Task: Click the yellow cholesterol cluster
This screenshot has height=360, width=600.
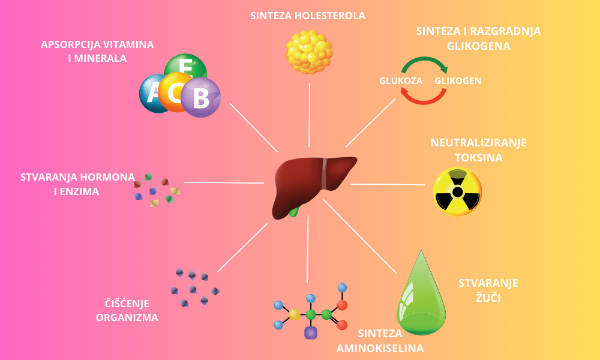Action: pos(309,52)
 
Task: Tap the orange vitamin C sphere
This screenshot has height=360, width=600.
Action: pos(175,92)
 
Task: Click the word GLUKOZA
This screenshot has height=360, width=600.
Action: pos(401,80)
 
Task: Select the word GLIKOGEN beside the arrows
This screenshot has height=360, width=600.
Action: pos(458,80)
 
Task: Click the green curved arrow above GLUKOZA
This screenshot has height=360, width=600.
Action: pos(424,62)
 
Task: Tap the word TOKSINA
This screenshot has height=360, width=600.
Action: pos(478,158)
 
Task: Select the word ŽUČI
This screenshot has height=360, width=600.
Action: pos(488,297)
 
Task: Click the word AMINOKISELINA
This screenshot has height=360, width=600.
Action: pos(380,348)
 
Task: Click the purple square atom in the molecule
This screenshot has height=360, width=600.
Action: pos(311,332)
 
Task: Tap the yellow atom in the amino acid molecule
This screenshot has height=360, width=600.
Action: pos(294,314)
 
